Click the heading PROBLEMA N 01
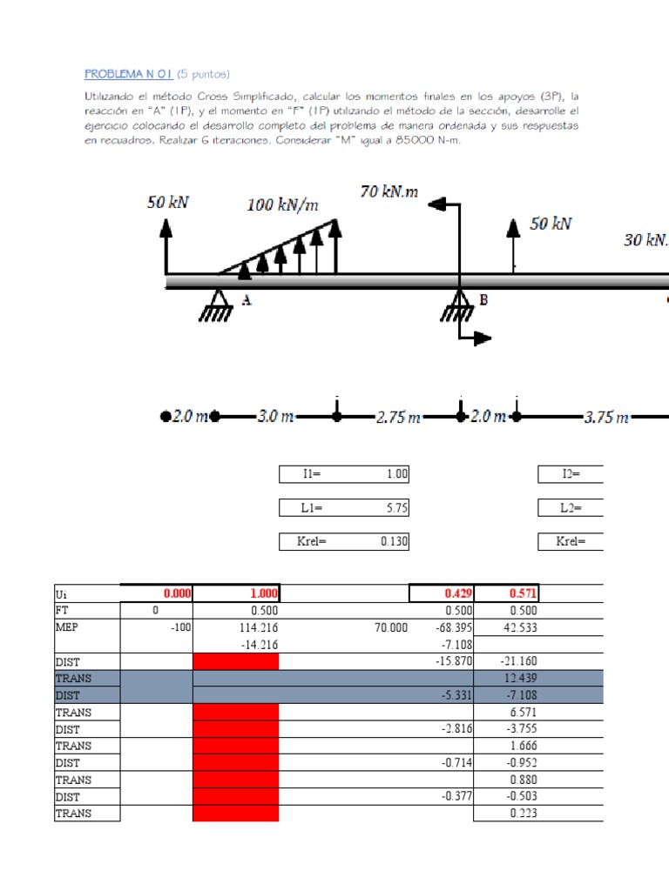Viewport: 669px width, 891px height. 129,74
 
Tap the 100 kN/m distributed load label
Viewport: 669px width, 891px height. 282,205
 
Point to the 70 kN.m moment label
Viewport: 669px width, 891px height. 389,191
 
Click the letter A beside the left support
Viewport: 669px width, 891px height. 247,300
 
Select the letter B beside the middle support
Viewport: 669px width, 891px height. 483,300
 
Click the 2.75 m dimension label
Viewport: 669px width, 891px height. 398,418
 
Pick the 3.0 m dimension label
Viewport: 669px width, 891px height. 276,417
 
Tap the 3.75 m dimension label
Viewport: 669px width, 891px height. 606,418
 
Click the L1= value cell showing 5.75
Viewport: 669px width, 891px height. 394,508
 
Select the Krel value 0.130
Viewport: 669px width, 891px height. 394,542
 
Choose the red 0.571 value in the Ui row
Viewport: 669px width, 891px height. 520,593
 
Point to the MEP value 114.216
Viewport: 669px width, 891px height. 257,626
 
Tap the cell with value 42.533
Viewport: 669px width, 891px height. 521,626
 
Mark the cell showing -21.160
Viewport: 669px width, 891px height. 519,661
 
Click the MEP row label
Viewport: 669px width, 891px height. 66,626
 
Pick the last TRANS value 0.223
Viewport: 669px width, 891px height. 524,814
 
